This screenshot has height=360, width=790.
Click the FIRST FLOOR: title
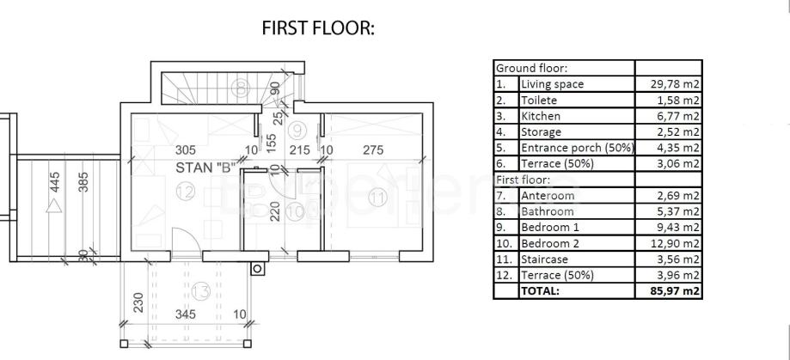(x=319, y=28)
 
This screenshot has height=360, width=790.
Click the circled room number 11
(x=377, y=197)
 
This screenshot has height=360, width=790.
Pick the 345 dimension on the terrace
(x=186, y=314)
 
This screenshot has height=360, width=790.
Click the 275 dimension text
(x=372, y=149)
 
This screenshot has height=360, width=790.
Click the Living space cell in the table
(x=552, y=84)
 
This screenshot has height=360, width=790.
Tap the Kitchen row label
(x=541, y=116)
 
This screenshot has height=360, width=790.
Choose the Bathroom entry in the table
(x=547, y=211)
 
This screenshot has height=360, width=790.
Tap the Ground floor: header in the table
(x=530, y=68)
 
